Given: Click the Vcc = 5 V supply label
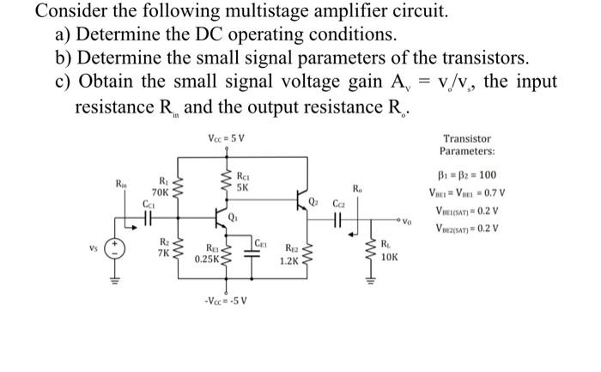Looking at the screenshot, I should click(x=226, y=139).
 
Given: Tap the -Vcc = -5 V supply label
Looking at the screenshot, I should click(x=225, y=301).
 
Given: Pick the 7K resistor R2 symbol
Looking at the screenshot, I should click(x=178, y=250).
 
